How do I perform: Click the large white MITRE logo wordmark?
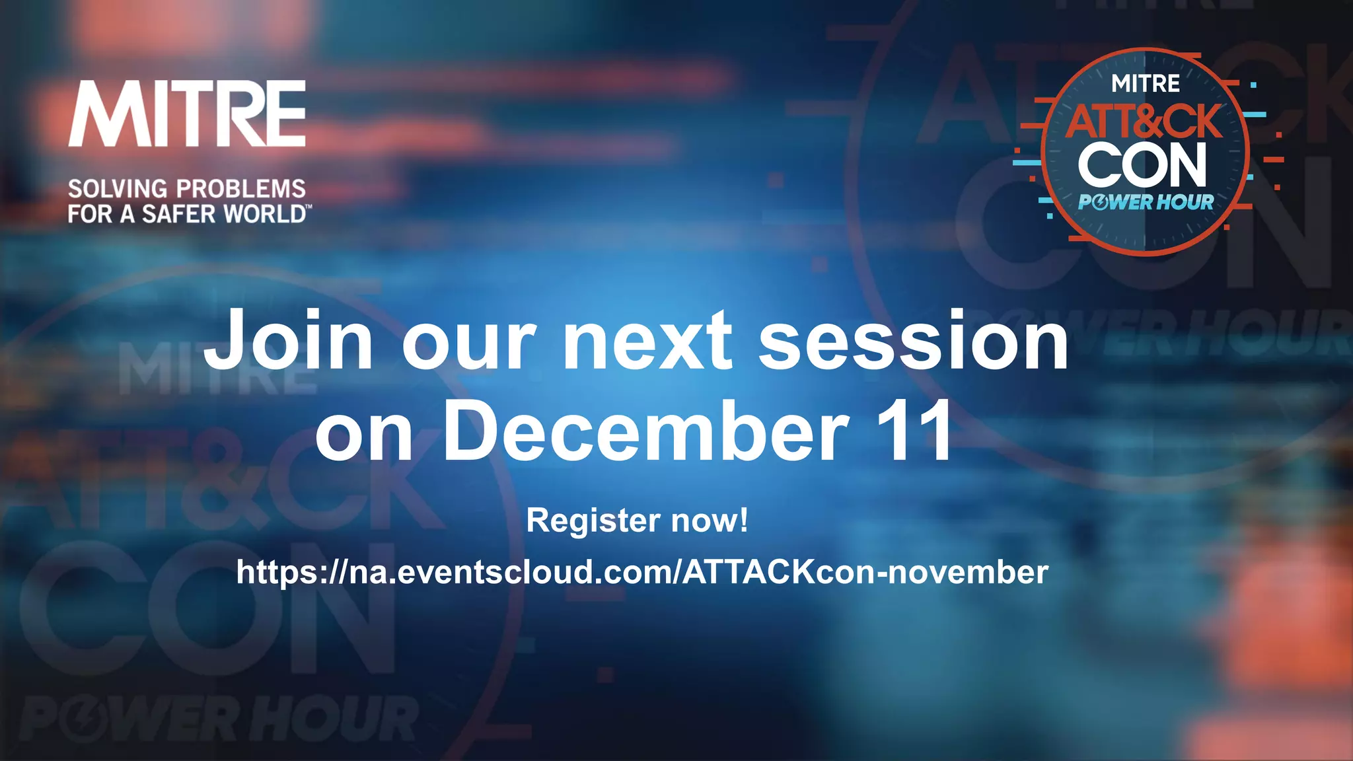[x=187, y=114]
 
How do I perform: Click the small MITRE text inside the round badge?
[x=1146, y=84]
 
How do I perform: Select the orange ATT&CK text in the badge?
[x=1144, y=122]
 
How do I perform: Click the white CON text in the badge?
[x=1143, y=165]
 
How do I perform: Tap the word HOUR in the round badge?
[x=1185, y=202]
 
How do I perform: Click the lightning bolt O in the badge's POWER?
[x=1100, y=202]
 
